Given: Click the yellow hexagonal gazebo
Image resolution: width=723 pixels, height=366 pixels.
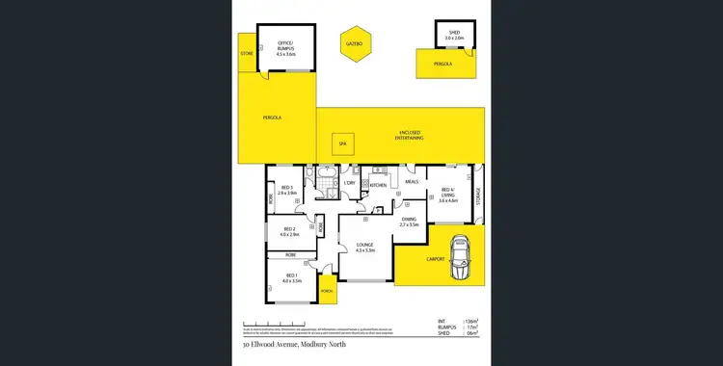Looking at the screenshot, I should tap(353, 44).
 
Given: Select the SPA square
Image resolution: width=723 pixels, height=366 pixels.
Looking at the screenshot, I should tap(339, 144).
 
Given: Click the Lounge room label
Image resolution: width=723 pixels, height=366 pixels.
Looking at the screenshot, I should tap(363, 247).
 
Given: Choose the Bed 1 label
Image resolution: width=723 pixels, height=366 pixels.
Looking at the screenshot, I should tap(292, 279).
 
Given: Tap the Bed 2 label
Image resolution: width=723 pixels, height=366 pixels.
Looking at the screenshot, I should tap(290, 232).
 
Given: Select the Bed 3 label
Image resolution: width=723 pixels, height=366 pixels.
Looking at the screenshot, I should tap(286, 191).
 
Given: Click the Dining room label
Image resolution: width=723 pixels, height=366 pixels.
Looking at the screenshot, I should tap(409, 222).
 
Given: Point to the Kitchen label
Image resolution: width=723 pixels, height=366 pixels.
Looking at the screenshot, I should tap(379, 185).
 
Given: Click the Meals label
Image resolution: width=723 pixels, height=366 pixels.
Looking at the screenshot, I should tap(411, 181).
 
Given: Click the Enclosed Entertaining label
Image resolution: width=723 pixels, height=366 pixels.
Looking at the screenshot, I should tap(409, 136).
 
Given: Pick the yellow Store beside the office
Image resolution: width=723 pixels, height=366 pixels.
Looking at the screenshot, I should tap(247, 54).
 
